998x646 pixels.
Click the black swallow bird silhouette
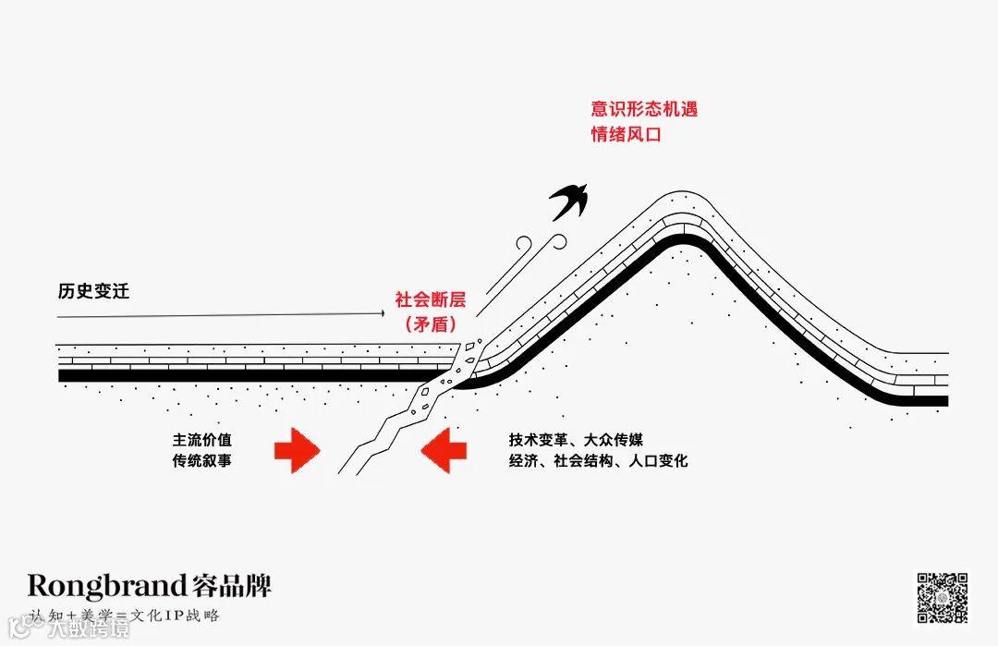click(570, 201)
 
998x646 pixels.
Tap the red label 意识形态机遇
click(644, 109)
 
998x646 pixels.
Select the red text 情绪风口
click(627, 134)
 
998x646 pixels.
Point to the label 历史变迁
click(93, 292)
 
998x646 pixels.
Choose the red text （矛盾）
click(431, 324)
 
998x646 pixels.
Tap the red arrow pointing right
click(297, 450)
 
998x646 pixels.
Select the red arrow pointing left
click(443, 450)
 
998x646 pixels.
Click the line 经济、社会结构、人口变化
click(598, 459)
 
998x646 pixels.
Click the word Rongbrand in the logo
click(107, 585)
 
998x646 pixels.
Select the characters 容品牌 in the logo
click(232, 585)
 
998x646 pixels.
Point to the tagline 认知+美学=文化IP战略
click(125, 615)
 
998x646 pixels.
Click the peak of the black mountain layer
click(682, 239)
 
